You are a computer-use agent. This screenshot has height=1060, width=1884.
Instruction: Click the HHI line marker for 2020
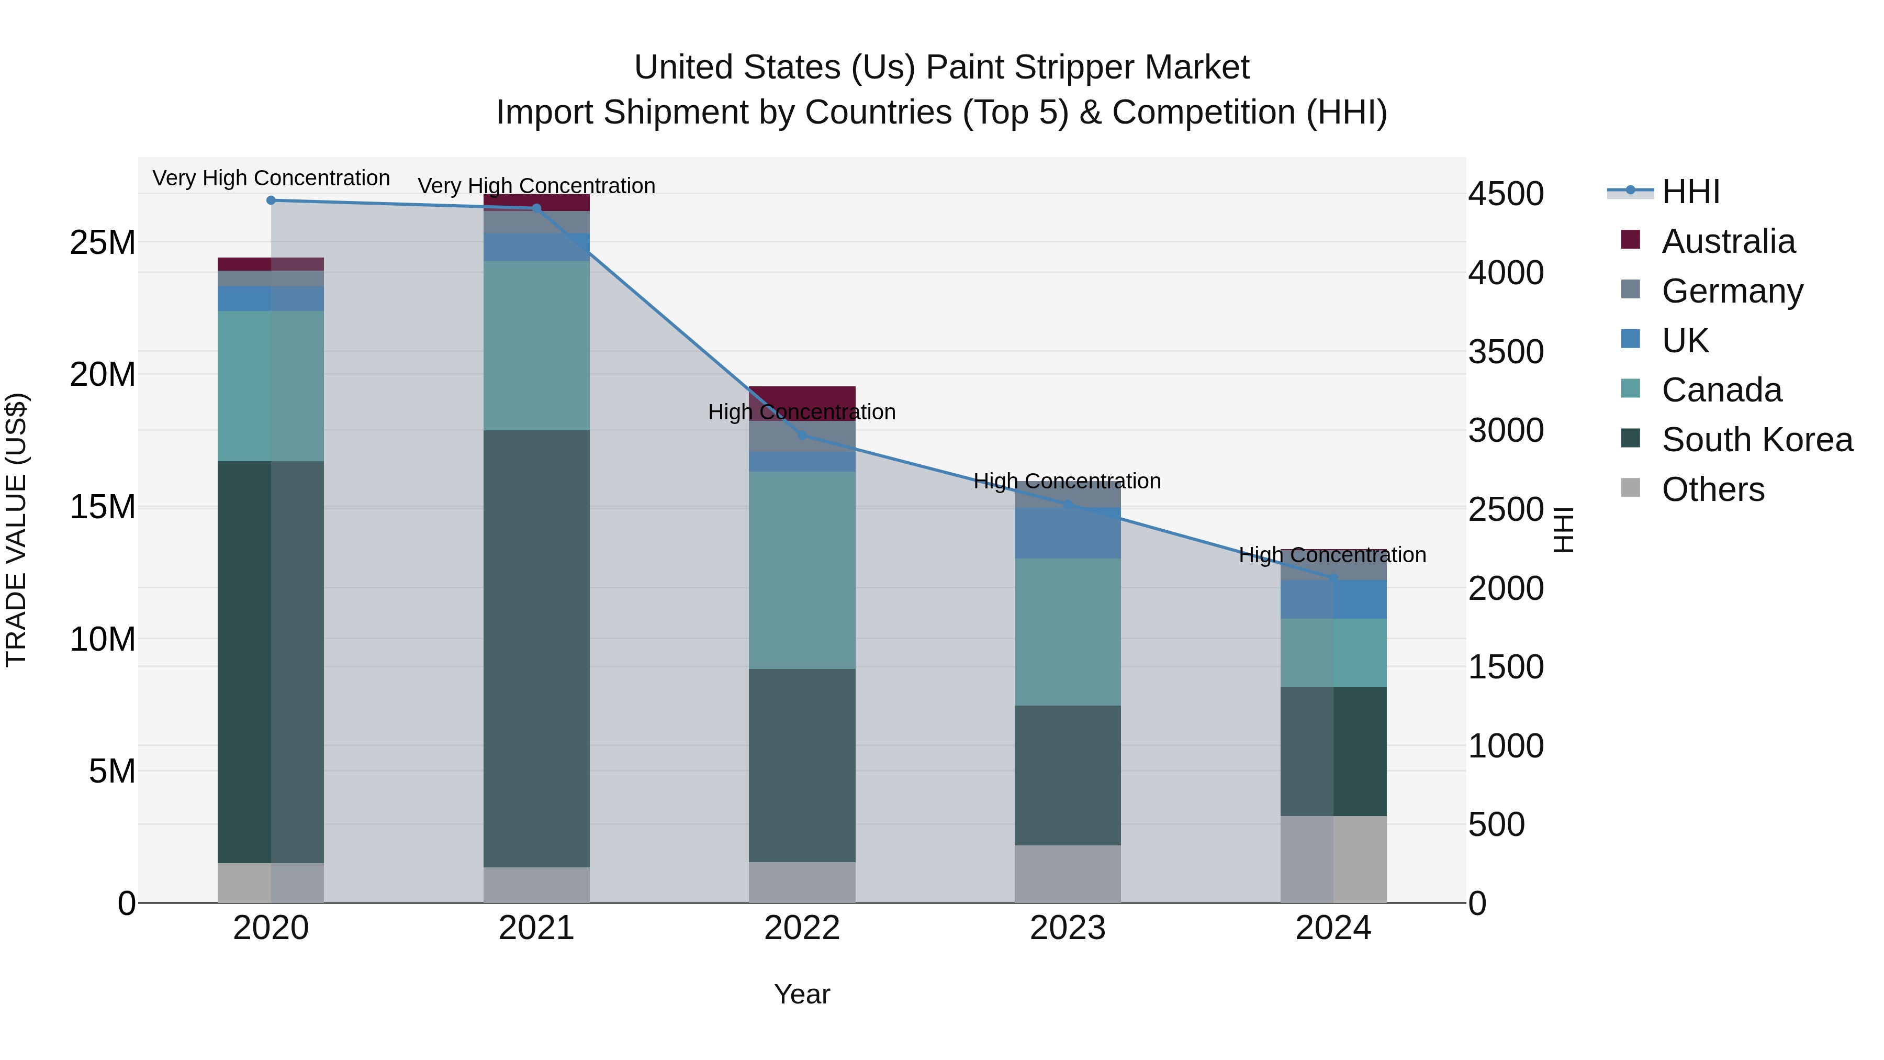[271, 200]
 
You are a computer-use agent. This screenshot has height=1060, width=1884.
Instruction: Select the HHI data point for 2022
[802, 436]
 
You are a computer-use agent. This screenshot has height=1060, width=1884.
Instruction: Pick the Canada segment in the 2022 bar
[802, 570]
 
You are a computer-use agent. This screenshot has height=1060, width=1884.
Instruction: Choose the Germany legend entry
[1732, 291]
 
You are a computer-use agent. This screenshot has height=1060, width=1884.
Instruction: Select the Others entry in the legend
[1712, 489]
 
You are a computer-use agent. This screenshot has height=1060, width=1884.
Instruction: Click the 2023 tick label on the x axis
[1067, 928]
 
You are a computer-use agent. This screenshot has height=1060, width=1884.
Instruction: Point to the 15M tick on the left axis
[103, 507]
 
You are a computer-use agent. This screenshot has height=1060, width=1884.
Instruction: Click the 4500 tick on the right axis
[1506, 195]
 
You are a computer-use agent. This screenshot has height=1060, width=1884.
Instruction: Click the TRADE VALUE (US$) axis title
[16, 530]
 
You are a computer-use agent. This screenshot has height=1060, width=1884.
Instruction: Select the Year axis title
[802, 994]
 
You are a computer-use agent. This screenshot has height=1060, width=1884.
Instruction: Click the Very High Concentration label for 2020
[271, 178]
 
